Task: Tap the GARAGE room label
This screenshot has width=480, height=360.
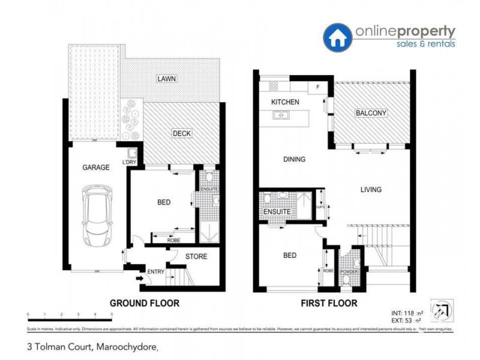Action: click(96, 167)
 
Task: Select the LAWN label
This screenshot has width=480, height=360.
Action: click(166, 79)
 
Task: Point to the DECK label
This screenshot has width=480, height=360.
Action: click(182, 133)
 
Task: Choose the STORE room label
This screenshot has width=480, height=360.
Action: click(196, 257)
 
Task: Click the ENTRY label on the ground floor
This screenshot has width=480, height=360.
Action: click(155, 272)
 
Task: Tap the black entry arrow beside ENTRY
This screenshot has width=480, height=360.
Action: click(140, 278)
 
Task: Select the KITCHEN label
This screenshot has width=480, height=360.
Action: click(285, 102)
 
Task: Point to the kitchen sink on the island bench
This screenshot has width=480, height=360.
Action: click(280, 116)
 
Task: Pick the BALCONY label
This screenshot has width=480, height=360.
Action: click(371, 113)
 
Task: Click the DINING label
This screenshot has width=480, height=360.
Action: click(293, 160)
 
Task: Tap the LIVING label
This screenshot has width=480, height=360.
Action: click(370, 190)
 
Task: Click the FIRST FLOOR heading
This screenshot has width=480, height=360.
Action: click(329, 304)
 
